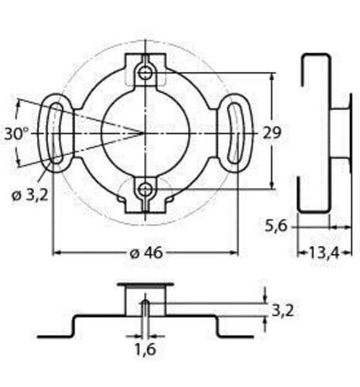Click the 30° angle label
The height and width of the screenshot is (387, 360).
[x=17, y=134]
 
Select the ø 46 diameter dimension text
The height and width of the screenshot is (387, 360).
[x=146, y=253]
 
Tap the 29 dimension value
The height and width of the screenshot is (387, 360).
[x=272, y=133]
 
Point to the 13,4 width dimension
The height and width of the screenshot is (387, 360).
[x=324, y=253]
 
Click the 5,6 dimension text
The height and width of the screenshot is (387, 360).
[x=276, y=227]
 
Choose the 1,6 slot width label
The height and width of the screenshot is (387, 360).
[x=146, y=349]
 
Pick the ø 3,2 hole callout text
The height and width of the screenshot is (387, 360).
[x=30, y=195]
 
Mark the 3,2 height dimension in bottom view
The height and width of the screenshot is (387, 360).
[x=283, y=310]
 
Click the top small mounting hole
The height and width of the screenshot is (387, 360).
[x=146, y=74]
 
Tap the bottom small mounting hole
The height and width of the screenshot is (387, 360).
[x=146, y=190]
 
